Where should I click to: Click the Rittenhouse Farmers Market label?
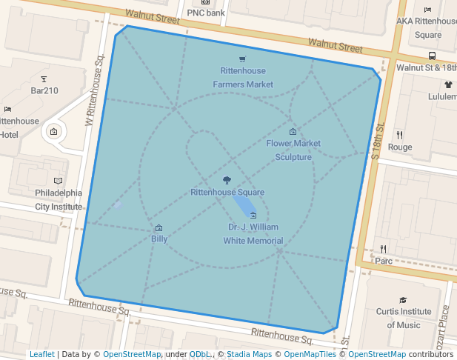pyautogui.click(x=243, y=78)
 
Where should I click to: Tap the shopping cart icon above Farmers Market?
pyautogui.click(x=242, y=59)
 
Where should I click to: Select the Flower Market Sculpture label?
pyautogui.click(x=293, y=150)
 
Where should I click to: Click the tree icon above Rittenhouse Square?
pyautogui.click(x=227, y=180)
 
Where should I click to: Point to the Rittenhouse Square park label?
pyautogui.click(x=227, y=193)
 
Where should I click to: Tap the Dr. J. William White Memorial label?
pyautogui.click(x=253, y=233)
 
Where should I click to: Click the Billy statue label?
pyautogui.click(x=159, y=239)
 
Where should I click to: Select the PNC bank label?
pyautogui.click(x=206, y=13)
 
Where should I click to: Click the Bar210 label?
pyautogui.click(x=44, y=91)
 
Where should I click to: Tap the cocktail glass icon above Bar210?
pyautogui.click(x=44, y=79)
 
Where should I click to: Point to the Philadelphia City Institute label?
pyautogui.click(x=59, y=200)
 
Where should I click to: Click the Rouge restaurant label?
pyautogui.click(x=400, y=147)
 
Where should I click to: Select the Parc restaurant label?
pyautogui.click(x=384, y=261)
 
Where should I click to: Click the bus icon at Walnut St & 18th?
pyautogui.click(x=432, y=56)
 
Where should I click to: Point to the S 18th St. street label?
pyautogui.click(x=376, y=140)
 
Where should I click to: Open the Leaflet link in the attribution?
pyautogui.click(x=42, y=355)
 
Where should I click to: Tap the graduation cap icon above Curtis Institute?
pyautogui.click(x=403, y=300)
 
